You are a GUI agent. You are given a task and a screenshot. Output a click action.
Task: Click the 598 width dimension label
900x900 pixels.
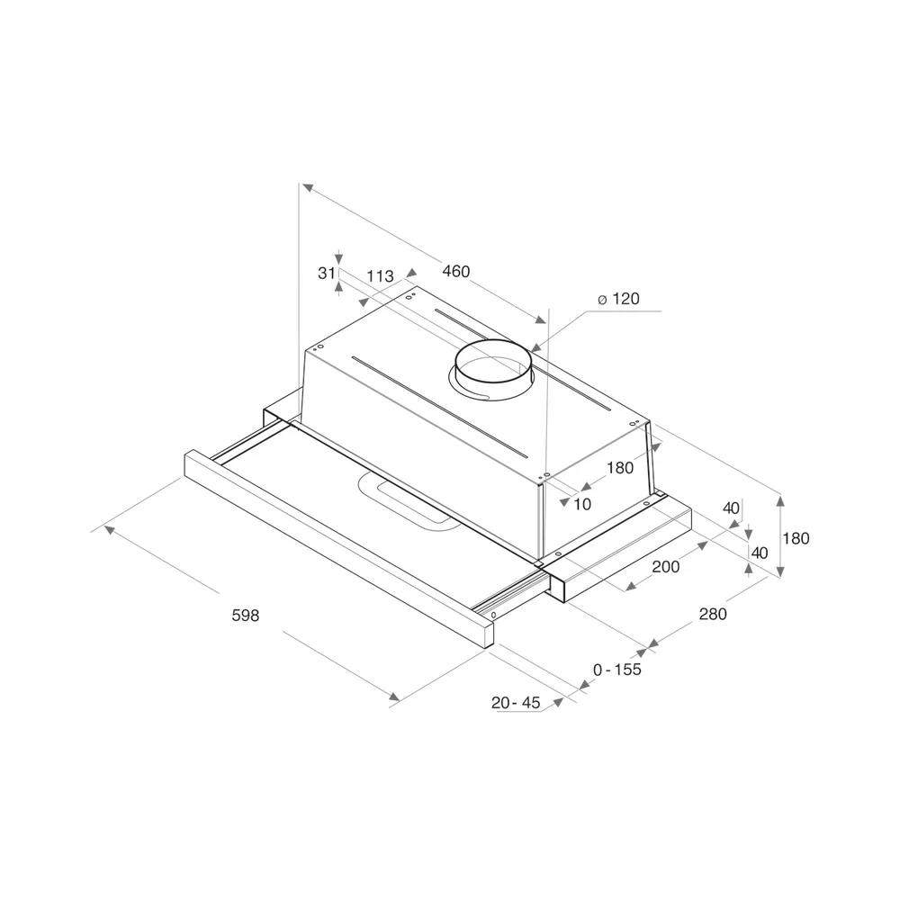point(246,616)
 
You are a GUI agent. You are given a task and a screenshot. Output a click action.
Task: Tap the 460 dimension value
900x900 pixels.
point(456,271)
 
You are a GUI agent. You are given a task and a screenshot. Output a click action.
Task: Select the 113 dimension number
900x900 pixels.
point(380,276)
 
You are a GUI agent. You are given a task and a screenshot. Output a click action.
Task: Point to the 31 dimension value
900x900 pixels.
point(326,274)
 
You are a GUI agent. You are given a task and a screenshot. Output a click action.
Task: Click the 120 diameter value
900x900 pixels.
point(625,299)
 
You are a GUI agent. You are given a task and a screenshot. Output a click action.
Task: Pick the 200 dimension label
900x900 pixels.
point(666,566)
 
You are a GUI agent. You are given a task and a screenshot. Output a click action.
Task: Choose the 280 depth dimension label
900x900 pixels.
point(713,614)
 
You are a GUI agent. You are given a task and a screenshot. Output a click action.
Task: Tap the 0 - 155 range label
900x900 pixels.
point(617,670)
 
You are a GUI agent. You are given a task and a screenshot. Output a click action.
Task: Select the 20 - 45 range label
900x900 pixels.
point(516,703)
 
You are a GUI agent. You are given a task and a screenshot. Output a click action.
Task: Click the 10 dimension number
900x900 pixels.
point(582,504)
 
